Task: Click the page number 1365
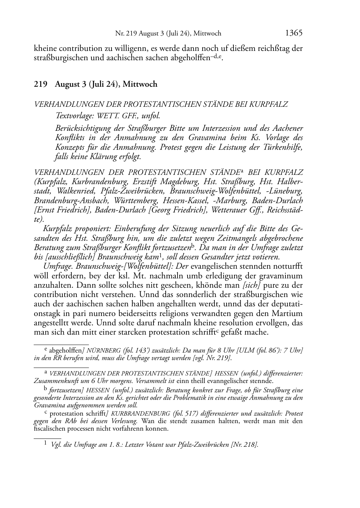pos(294,33)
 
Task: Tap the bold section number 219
pos(41,84)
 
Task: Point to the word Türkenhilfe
pos(284,147)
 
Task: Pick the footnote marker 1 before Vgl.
pos(46,444)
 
